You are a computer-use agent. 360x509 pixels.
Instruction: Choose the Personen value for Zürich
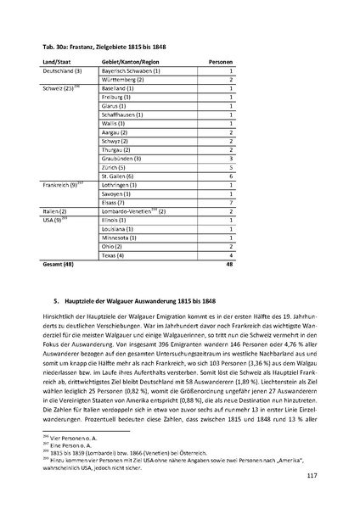click(x=231, y=167)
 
